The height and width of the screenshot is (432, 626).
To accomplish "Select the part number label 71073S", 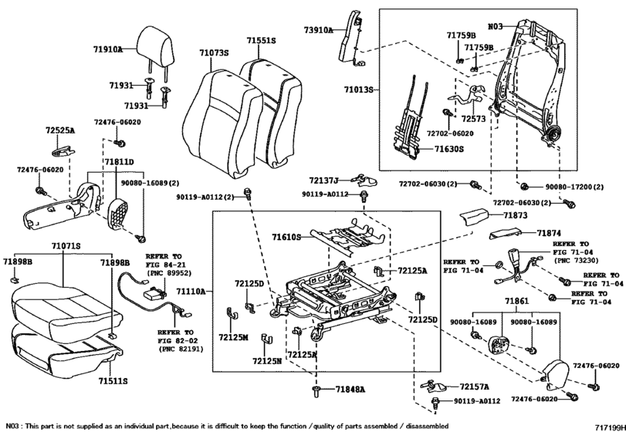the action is coord(215,52).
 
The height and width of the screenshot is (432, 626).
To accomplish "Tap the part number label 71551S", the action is coord(261,41).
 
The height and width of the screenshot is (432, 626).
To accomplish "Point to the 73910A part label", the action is coord(318,29).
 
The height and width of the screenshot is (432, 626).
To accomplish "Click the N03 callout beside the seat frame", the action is coord(496,27).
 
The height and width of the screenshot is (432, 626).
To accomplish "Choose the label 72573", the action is coord(473,119).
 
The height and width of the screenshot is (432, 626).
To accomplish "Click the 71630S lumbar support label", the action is coord(449,149).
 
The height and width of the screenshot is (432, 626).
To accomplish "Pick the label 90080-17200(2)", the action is coord(574,187).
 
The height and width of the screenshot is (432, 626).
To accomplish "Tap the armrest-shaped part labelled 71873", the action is coord(473,217).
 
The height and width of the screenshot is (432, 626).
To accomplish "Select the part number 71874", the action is coord(549,233).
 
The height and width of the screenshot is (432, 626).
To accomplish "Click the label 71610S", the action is coord(286,238).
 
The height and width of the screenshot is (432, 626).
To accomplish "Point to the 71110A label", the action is coord(191,292).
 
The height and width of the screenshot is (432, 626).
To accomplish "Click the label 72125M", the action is coord(234,337).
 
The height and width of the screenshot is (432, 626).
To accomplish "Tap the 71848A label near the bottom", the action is coord(350,389).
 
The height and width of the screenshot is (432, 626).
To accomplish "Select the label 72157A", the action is coord(474,386).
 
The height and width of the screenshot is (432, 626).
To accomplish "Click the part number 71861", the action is coord(516,301).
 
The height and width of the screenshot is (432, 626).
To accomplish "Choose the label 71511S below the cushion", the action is coord(113,381).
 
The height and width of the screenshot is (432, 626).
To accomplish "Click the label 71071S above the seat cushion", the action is coord(66,246).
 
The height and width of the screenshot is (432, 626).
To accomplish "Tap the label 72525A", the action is coord(60,130).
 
